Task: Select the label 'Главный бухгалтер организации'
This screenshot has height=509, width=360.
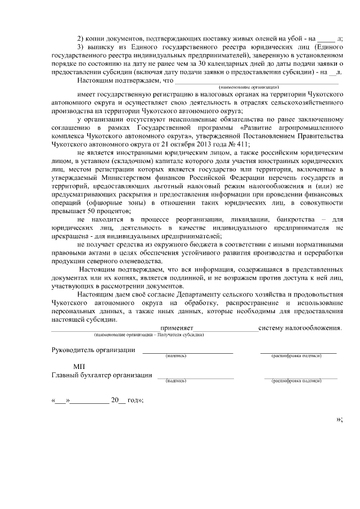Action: point(101,375)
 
